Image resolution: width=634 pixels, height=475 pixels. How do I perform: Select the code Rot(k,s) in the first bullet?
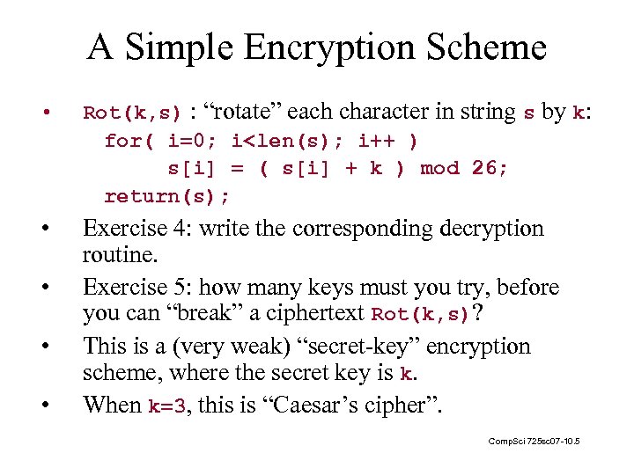point(132,113)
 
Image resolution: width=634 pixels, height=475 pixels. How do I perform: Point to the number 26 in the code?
point(490,168)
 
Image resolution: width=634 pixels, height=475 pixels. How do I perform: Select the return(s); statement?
point(167,195)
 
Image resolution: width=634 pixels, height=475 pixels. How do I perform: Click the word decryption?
point(488,229)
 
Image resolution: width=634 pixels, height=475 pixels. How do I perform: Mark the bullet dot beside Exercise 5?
point(45,288)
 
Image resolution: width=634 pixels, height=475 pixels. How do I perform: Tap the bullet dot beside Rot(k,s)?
point(45,113)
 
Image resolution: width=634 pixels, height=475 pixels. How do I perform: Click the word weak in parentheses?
point(226,347)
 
